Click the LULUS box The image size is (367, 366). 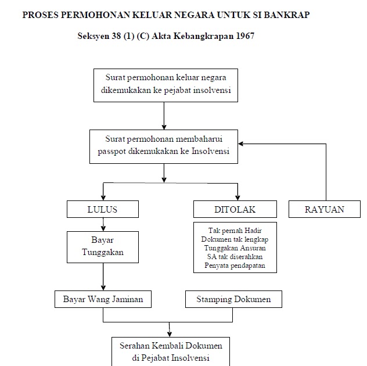[x=103, y=209]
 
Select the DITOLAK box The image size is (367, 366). [x=235, y=209]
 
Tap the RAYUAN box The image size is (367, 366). [x=325, y=209]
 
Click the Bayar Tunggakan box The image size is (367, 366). [x=103, y=247]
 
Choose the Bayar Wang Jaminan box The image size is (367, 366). [x=103, y=299]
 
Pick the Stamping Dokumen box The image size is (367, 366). [x=233, y=299]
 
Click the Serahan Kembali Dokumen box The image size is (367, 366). [x=171, y=351]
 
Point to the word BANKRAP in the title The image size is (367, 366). [x=287, y=15]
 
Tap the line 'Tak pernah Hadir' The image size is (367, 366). [x=235, y=231]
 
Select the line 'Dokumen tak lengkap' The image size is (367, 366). [x=235, y=239]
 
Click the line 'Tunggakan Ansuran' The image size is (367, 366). [x=235, y=248]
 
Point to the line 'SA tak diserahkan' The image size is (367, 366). [x=235, y=257]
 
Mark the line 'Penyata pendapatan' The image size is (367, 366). [x=235, y=265]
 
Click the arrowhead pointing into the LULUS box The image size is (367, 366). [x=103, y=198]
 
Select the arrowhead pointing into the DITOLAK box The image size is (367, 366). [x=238, y=198]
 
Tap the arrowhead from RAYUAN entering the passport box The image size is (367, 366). [x=241, y=143]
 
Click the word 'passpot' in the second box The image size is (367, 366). [x=112, y=152]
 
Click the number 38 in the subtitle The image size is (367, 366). [x=116, y=36]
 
